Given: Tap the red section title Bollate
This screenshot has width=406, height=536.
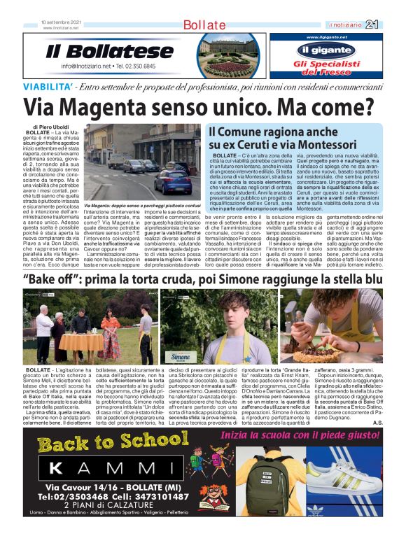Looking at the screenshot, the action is click(x=204, y=25).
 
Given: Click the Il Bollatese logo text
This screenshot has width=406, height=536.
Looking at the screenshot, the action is click(x=109, y=52).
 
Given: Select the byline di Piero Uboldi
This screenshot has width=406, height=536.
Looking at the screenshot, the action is click(x=46, y=127).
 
